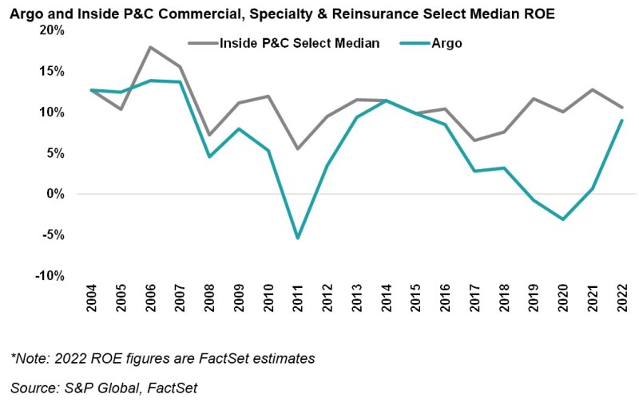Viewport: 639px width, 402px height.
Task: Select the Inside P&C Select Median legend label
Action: tap(300, 43)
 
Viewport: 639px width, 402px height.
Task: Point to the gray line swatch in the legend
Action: tap(202, 43)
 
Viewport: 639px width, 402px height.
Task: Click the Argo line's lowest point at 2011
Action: tap(297, 238)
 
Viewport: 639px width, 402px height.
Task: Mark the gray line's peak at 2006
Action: tap(151, 47)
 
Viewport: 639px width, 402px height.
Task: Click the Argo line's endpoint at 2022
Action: tap(621, 120)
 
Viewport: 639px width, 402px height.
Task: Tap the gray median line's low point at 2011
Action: tap(297, 148)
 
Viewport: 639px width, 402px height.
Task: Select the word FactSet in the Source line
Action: tap(173, 388)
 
